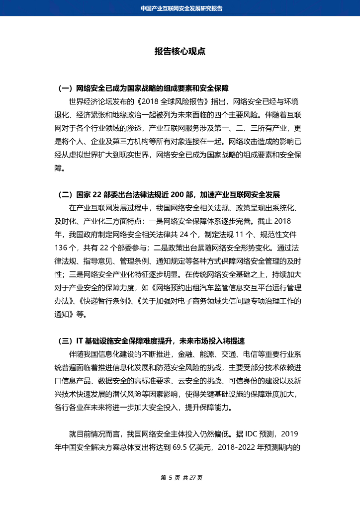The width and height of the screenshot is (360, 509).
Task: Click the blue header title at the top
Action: click(180, 8)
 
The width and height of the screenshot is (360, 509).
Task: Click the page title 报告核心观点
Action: click(180, 52)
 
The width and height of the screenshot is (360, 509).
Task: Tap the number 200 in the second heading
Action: click(178, 194)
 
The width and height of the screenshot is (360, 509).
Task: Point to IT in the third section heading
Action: click(80, 340)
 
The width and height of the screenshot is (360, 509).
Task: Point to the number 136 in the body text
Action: click(61, 247)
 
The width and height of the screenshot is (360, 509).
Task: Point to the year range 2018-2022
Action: click(233, 446)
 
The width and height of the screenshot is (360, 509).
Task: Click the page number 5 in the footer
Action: click(170, 478)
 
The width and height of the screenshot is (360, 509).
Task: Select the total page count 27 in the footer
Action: click(191, 478)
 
